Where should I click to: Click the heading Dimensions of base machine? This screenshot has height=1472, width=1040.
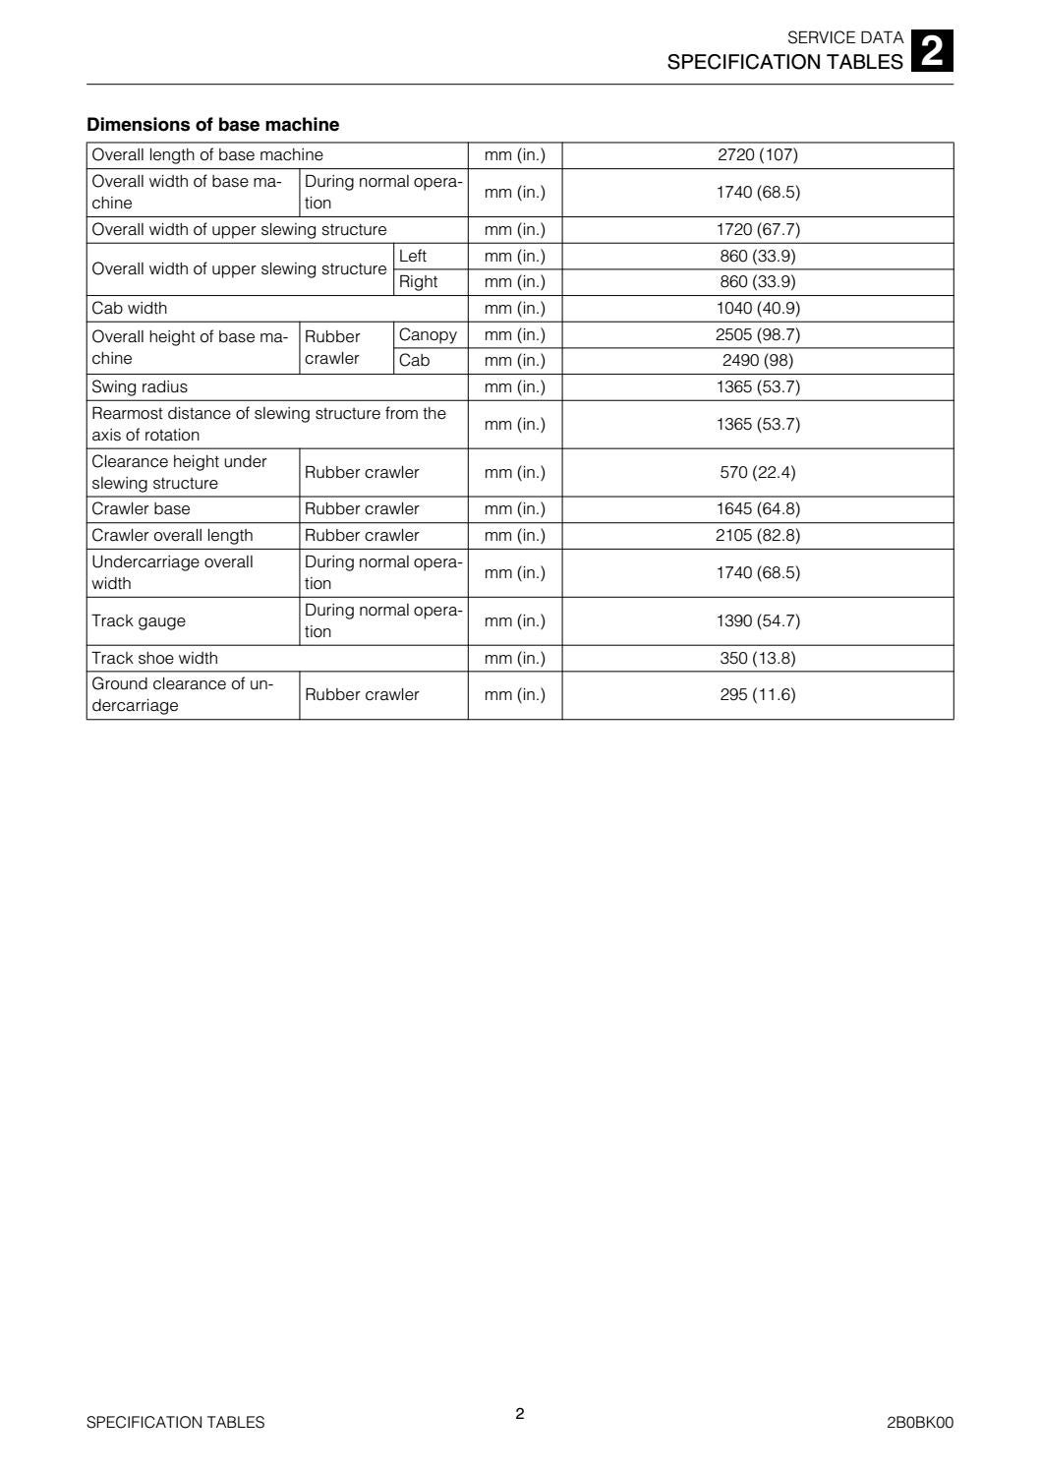[213, 125]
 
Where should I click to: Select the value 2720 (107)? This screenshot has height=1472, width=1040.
[758, 155]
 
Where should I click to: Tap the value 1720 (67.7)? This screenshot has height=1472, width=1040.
[758, 230]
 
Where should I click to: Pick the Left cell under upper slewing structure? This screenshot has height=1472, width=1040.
[413, 257]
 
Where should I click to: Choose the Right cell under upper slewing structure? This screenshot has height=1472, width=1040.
[419, 282]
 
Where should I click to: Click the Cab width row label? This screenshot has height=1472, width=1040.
[130, 309]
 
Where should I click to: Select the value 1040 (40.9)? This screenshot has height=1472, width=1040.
[758, 309]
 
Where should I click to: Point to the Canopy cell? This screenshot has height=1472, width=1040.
[429, 335]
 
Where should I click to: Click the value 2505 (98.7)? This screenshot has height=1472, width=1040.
[758, 335]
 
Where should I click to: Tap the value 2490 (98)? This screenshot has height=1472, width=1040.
[758, 361]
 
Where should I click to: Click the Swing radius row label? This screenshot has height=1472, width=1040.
[140, 387]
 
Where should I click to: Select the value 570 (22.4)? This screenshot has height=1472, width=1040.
[758, 473]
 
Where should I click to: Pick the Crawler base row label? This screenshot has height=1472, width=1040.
[142, 509]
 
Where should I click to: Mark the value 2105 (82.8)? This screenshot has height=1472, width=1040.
[758, 536]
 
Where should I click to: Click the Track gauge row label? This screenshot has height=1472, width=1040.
[139, 621]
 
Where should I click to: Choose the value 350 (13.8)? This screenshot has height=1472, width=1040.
[758, 659]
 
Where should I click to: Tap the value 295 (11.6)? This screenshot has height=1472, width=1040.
[758, 695]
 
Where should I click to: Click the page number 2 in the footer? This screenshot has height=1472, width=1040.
[520, 1414]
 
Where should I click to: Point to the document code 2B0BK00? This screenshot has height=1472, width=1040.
[920, 1423]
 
